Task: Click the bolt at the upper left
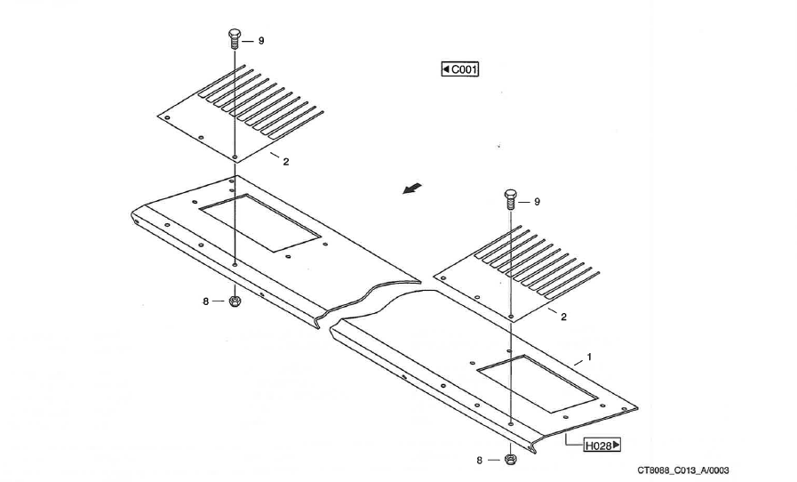click(x=235, y=39)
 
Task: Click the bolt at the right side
click(x=511, y=199)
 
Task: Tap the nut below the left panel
click(x=235, y=301)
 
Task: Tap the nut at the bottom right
click(x=510, y=459)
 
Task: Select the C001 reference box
click(x=459, y=68)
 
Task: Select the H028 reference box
click(x=602, y=446)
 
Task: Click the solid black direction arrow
click(x=412, y=189)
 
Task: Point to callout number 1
click(x=589, y=357)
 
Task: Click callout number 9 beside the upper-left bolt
click(x=261, y=41)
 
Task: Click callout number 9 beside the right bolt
click(x=538, y=202)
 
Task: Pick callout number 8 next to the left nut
click(x=206, y=301)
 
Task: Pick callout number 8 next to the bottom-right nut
click(x=479, y=460)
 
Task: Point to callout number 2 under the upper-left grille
click(x=286, y=162)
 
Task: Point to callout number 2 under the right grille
click(x=563, y=317)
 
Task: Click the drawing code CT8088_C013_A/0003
click(x=683, y=470)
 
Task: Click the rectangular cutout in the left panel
click(x=260, y=222)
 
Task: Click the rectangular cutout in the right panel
click(x=537, y=384)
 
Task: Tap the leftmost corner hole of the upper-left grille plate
click(x=167, y=117)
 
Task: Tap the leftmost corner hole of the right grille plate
click(x=443, y=277)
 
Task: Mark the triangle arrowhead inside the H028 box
click(x=616, y=445)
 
